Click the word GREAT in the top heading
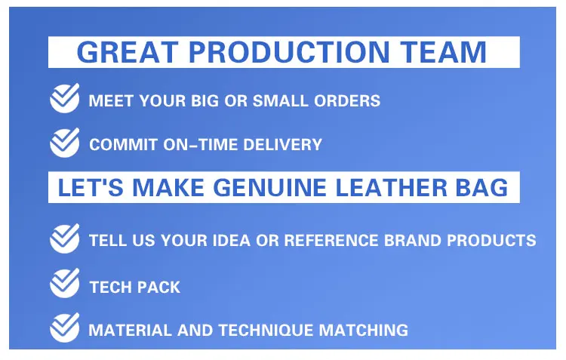128,52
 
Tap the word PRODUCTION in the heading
289,52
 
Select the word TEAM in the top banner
443,52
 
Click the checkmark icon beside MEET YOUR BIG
65,98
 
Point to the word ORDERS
347,100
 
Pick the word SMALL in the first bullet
280,100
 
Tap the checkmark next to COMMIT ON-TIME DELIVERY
65,143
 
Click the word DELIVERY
282,145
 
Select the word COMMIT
124,145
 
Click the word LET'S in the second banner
91,188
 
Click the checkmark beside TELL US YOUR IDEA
65,238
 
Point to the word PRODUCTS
491,241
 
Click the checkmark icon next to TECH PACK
65,283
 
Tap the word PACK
158,288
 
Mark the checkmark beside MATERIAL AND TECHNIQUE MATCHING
65,328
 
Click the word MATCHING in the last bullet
364,331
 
